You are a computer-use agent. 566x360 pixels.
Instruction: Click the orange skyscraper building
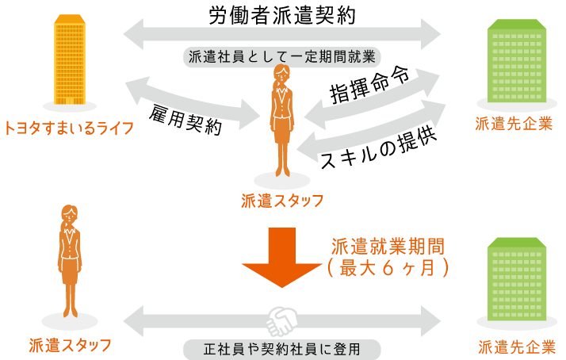tap(70, 60)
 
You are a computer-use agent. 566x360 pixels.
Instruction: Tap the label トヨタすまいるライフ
tap(68, 128)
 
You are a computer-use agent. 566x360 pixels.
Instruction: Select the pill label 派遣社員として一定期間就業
tap(282, 57)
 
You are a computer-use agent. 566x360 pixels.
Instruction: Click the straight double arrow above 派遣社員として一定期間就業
tap(282, 34)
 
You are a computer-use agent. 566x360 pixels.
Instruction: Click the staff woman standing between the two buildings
tap(282, 119)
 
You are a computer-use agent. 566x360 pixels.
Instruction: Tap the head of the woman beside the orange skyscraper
tap(281, 75)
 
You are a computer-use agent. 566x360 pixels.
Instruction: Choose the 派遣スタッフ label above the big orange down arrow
tap(282, 201)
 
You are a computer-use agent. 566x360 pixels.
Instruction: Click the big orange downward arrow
tap(281, 256)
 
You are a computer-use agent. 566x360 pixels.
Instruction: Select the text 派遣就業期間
tap(388, 246)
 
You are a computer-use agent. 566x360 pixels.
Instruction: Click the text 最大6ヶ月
tap(388, 268)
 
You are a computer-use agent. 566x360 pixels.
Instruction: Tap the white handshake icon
tap(281, 321)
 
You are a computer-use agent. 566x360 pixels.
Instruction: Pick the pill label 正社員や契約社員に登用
tap(282, 349)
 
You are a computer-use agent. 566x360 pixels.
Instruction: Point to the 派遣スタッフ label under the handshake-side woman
tap(70, 345)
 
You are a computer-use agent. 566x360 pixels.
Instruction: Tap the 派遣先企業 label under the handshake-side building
tap(515, 347)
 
